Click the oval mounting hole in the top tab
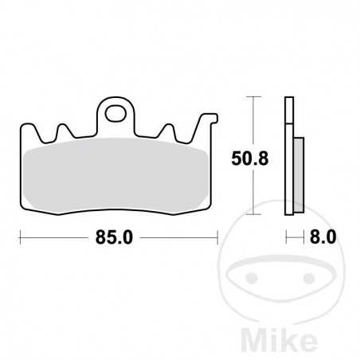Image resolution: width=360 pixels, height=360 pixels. coord(115,112)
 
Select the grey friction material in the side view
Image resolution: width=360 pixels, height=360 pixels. coord(296,167)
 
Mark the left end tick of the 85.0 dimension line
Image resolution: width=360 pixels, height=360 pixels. coord(20,237)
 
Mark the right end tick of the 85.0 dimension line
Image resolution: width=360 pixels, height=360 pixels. coord(217,237)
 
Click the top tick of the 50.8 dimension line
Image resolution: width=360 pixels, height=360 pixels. coord(253,97)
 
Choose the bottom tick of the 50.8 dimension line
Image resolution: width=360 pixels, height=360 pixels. coord(253,216)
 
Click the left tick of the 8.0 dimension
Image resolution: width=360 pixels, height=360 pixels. coord(286,237)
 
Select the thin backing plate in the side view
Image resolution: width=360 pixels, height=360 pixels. coord(288,155)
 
